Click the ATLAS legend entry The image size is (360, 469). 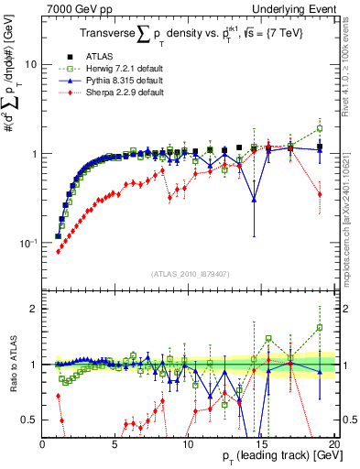click(x=97, y=55)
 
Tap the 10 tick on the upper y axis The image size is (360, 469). click(x=30, y=65)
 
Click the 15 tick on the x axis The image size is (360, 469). click(x=261, y=444)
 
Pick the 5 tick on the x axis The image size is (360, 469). click(x=115, y=444)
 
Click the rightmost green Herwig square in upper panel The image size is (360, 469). click(x=320, y=127)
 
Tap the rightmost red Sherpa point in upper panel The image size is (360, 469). click(x=320, y=194)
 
